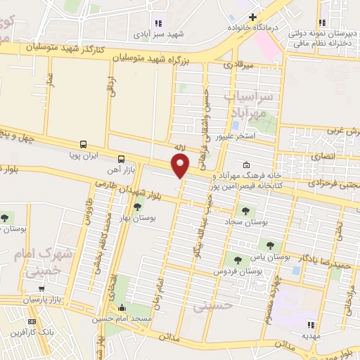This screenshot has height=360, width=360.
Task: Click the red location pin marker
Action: [x=181, y=165]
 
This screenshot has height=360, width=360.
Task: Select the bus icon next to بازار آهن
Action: [x=122, y=159]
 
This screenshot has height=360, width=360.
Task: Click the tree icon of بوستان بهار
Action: [x=137, y=206]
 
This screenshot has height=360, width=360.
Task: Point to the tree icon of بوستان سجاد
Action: [x=245, y=210]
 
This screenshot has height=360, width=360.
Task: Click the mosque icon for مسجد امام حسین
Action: [x=122, y=307]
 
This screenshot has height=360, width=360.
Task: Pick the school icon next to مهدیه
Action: [x=310, y=325]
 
